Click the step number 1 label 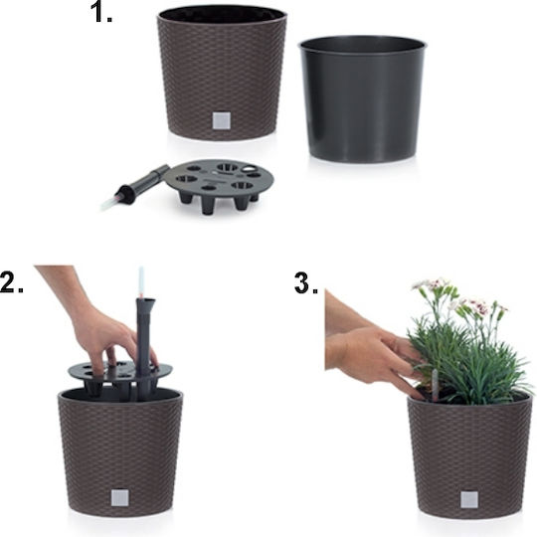point(101,13)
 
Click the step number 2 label point(11,282)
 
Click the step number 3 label point(305,283)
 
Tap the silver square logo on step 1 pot point(221,121)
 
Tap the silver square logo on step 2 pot point(120,497)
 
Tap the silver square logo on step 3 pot point(469,499)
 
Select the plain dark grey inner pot point(362,98)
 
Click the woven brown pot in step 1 point(222,73)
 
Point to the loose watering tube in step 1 point(135,187)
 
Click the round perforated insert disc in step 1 point(219,185)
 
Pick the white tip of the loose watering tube point(107,203)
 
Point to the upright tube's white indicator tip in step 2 point(141,280)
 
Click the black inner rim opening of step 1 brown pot point(222,14)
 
